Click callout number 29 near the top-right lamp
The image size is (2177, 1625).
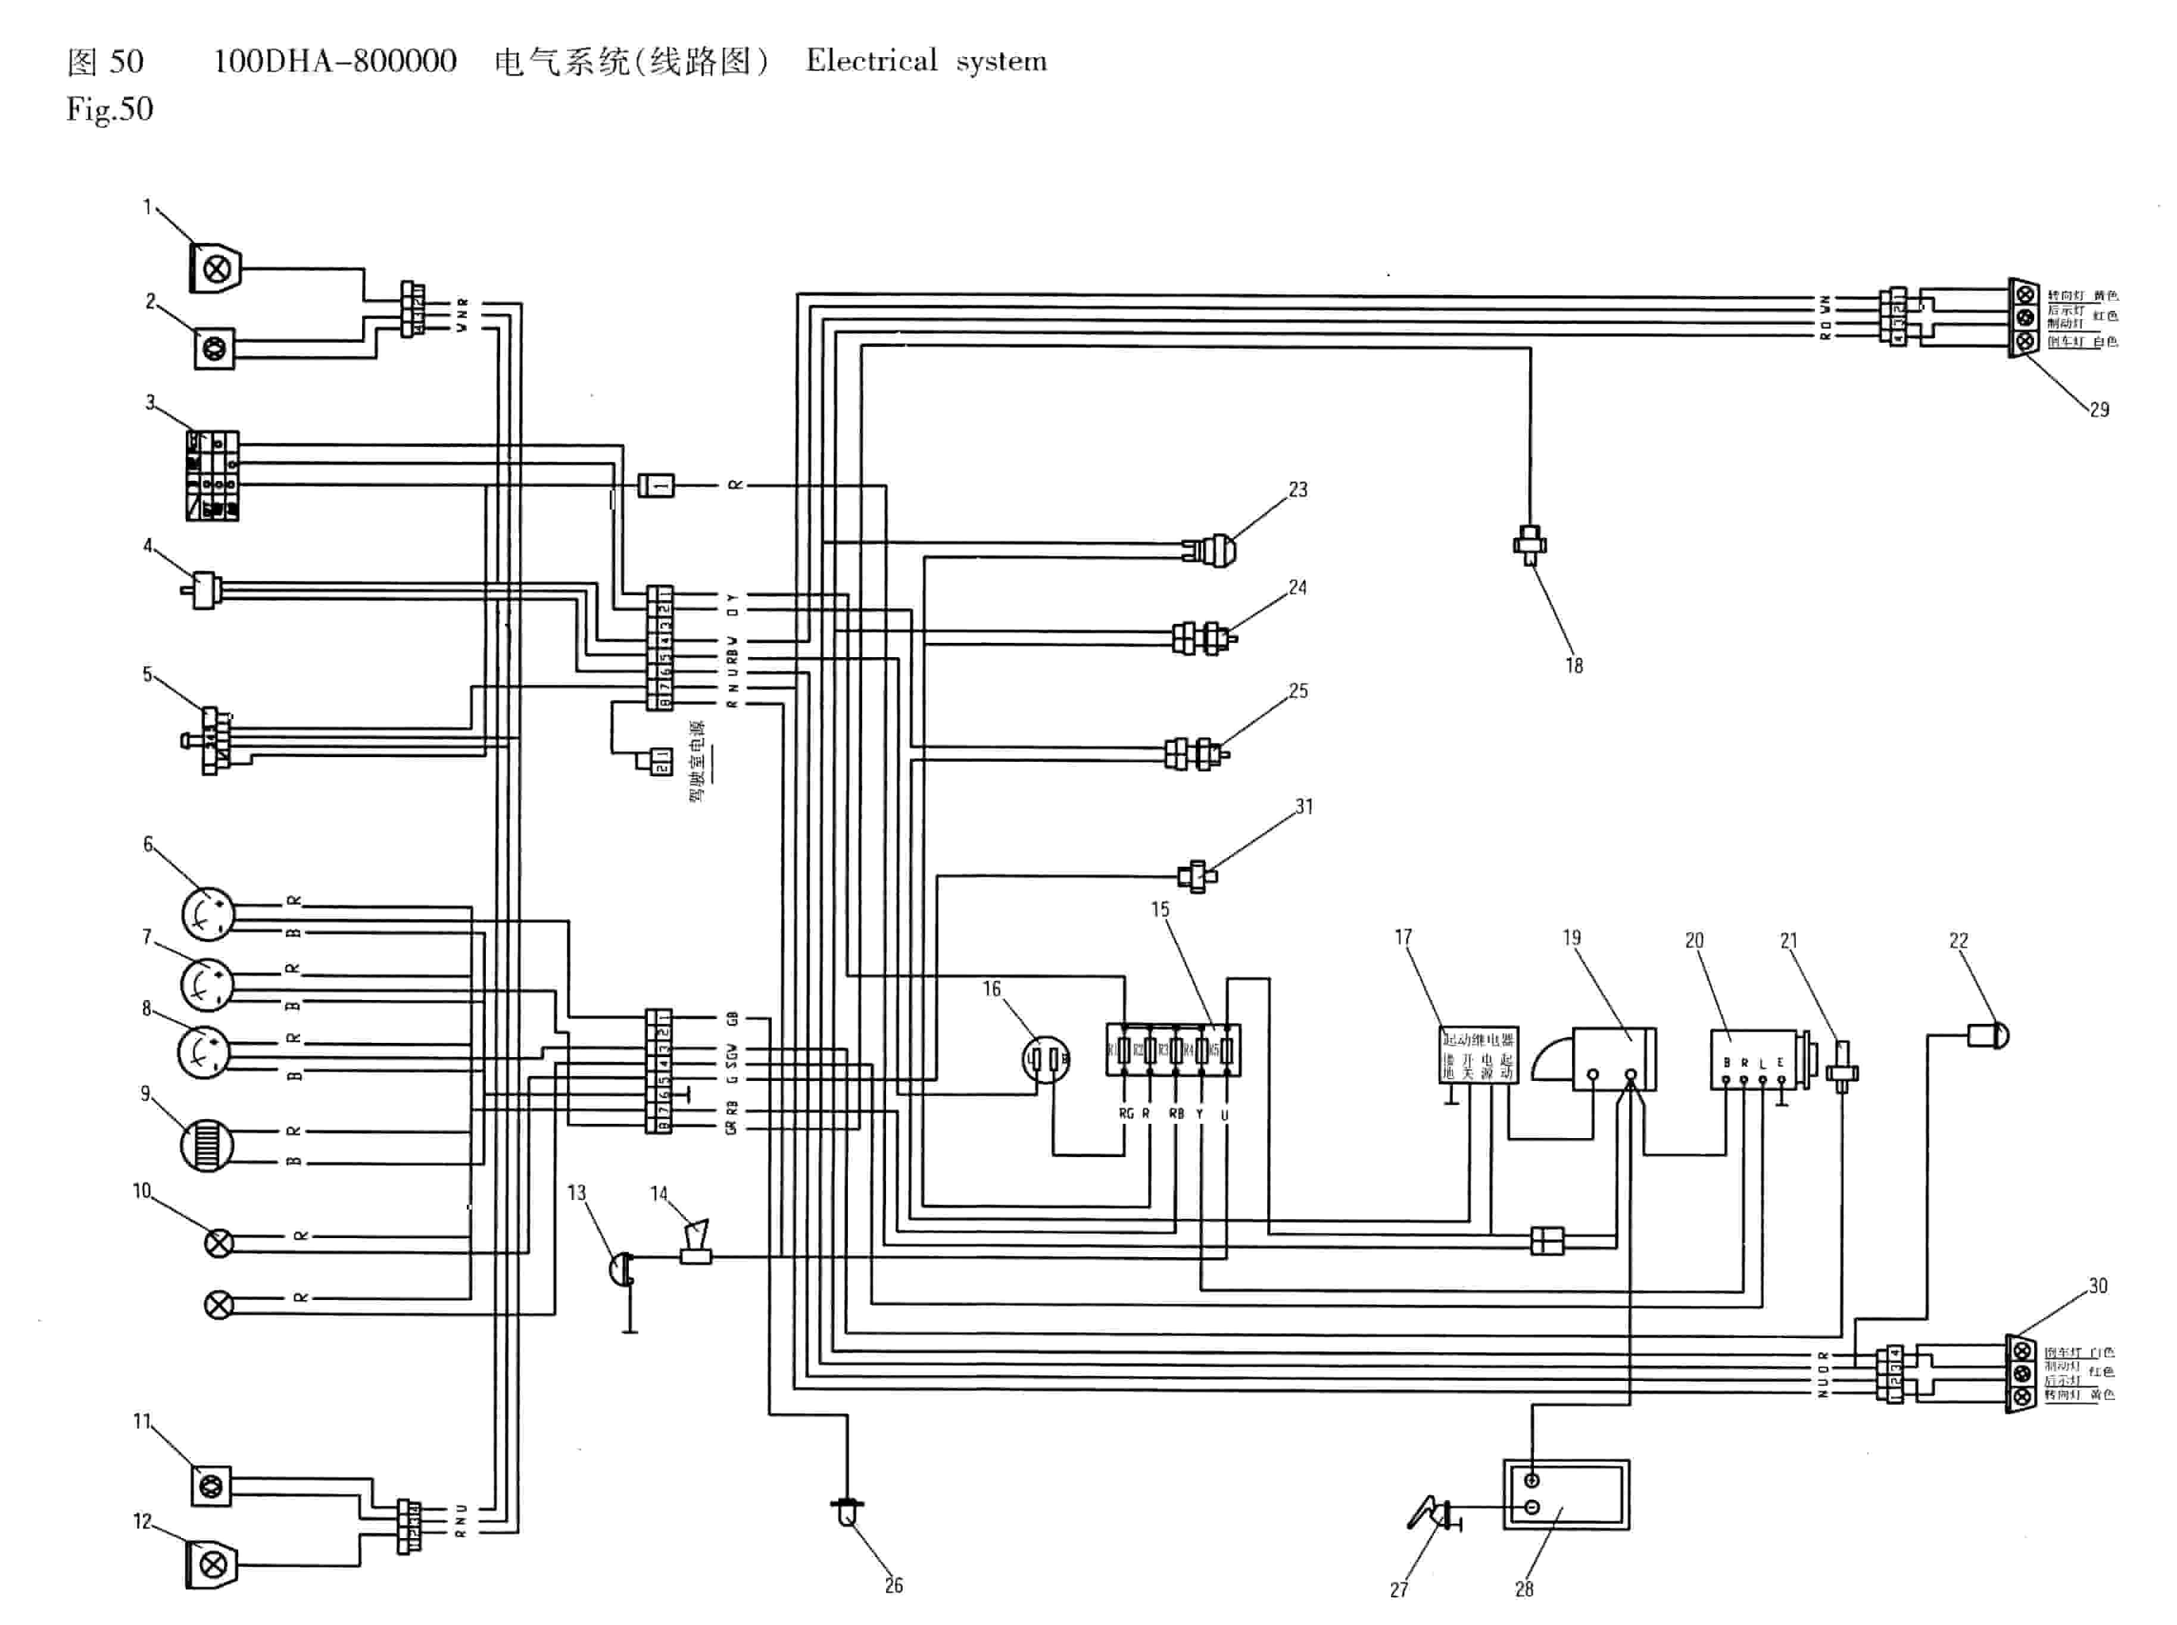(x=2098, y=409)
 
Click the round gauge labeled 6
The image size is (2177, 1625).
(x=208, y=913)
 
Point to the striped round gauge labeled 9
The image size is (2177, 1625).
(x=207, y=1146)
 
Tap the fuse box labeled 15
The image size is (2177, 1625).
(x=1172, y=1049)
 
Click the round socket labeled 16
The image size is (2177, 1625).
(x=1046, y=1060)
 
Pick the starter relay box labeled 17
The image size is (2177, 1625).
(x=1477, y=1055)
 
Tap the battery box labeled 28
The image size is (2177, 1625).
(x=1565, y=1494)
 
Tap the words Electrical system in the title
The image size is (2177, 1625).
(x=926, y=61)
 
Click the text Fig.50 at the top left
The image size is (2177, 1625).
(x=109, y=108)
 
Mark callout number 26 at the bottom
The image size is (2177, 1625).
(x=893, y=1585)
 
